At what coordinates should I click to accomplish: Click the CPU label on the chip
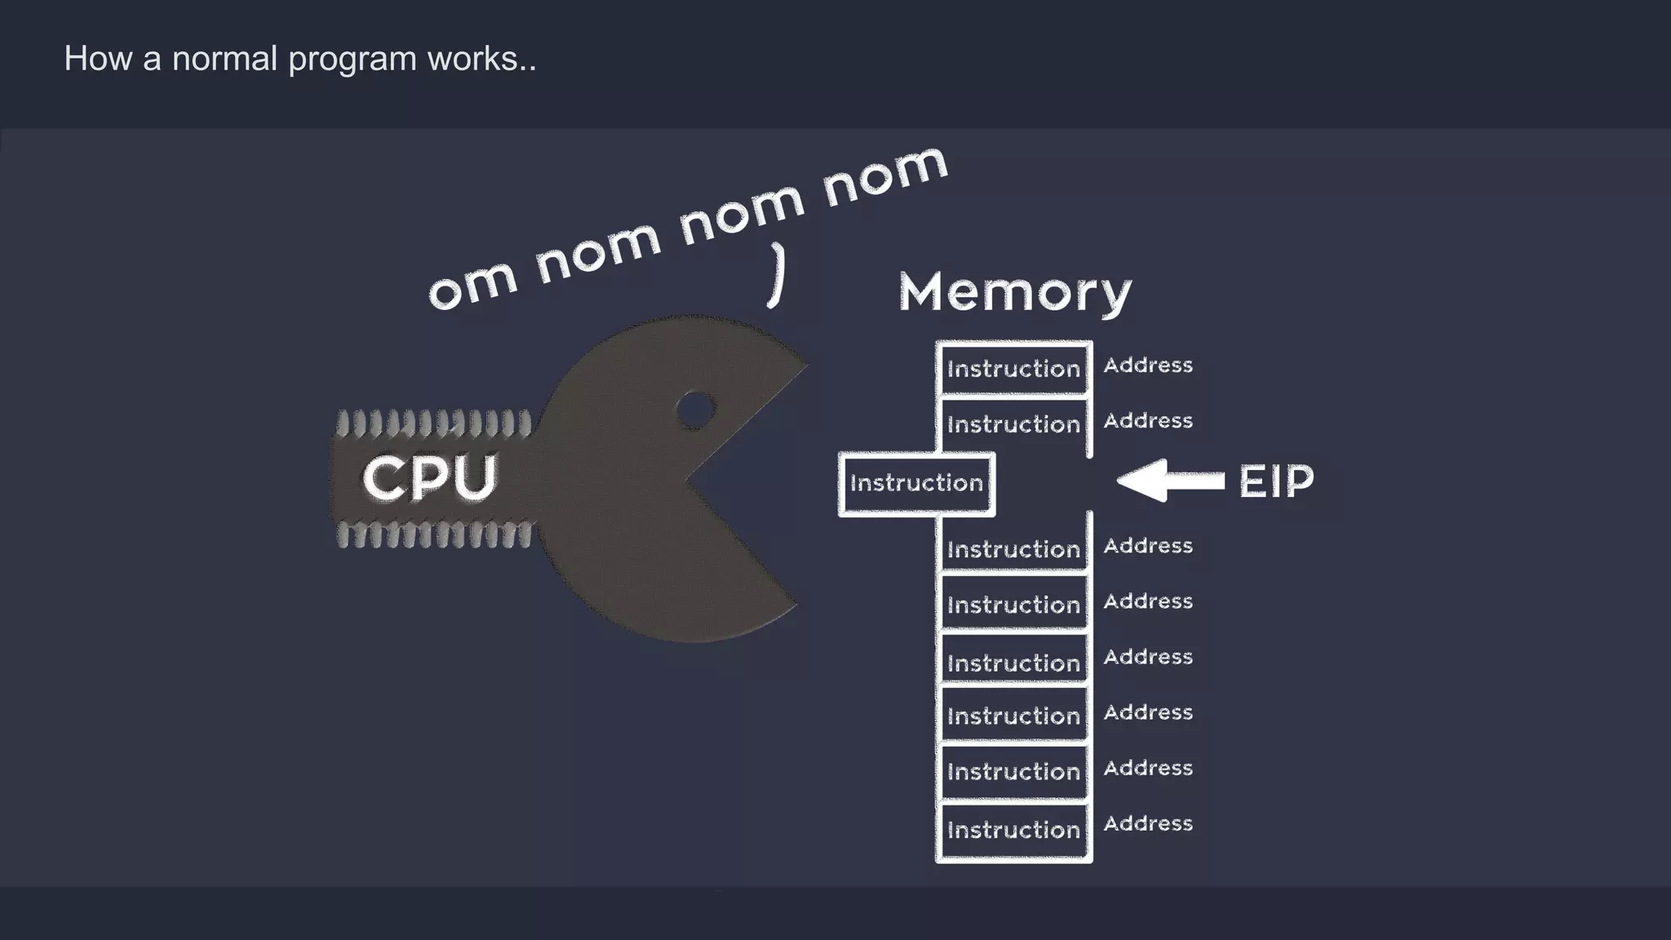coord(429,478)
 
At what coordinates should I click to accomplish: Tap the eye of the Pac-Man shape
coord(695,410)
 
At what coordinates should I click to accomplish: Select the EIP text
coord(1276,481)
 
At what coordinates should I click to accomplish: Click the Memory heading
coord(1015,292)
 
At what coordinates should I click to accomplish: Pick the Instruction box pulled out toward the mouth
coord(916,484)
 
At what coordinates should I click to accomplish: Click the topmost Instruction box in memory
coord(1013,369)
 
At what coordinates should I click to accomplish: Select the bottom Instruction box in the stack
coord(1013,831)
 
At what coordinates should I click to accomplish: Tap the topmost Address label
coord(1148,366)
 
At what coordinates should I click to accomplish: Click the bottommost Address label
coord(1148,824)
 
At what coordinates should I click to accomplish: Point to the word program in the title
coord(352,60)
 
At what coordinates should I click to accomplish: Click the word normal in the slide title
coord(224,59)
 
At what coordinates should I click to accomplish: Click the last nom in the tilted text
coord(885,175)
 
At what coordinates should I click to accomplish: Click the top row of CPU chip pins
coord(433,423)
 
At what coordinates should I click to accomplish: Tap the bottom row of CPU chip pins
coord(433,535)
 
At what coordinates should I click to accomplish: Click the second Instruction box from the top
coord(1013,424)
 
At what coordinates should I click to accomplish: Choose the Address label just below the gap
coord(1148,546)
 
